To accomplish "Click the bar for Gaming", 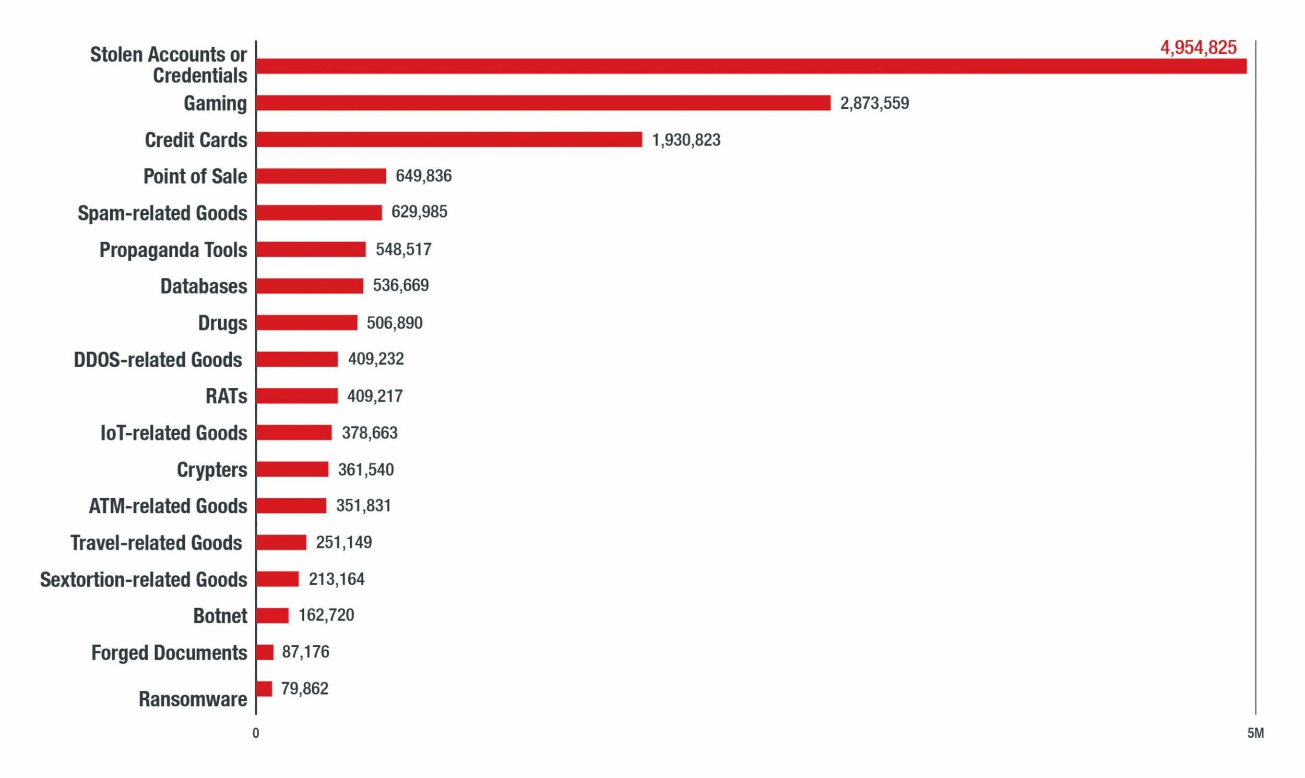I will point(543,103).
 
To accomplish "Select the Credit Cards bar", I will point(449,139).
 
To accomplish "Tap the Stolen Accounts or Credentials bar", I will point(751,66).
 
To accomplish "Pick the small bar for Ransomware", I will point(265,688).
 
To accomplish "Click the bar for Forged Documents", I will point(265,652).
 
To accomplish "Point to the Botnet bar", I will point(272,615).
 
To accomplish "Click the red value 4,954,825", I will point(1198,47).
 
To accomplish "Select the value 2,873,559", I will point(874,103).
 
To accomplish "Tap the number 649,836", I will point(423,176).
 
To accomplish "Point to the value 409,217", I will point(375,396).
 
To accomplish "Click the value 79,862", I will point(304,688).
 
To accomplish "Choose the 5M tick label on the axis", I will point(1256,734).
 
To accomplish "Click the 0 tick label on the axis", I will point(256,734).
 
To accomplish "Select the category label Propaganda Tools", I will point(173,250).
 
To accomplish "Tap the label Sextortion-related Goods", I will point(143,579).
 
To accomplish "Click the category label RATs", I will point(226,396).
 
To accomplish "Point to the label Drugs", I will point(222,323).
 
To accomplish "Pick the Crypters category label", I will point(212,470).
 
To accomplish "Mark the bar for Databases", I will point(310,286).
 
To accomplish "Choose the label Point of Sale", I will point(195,176).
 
